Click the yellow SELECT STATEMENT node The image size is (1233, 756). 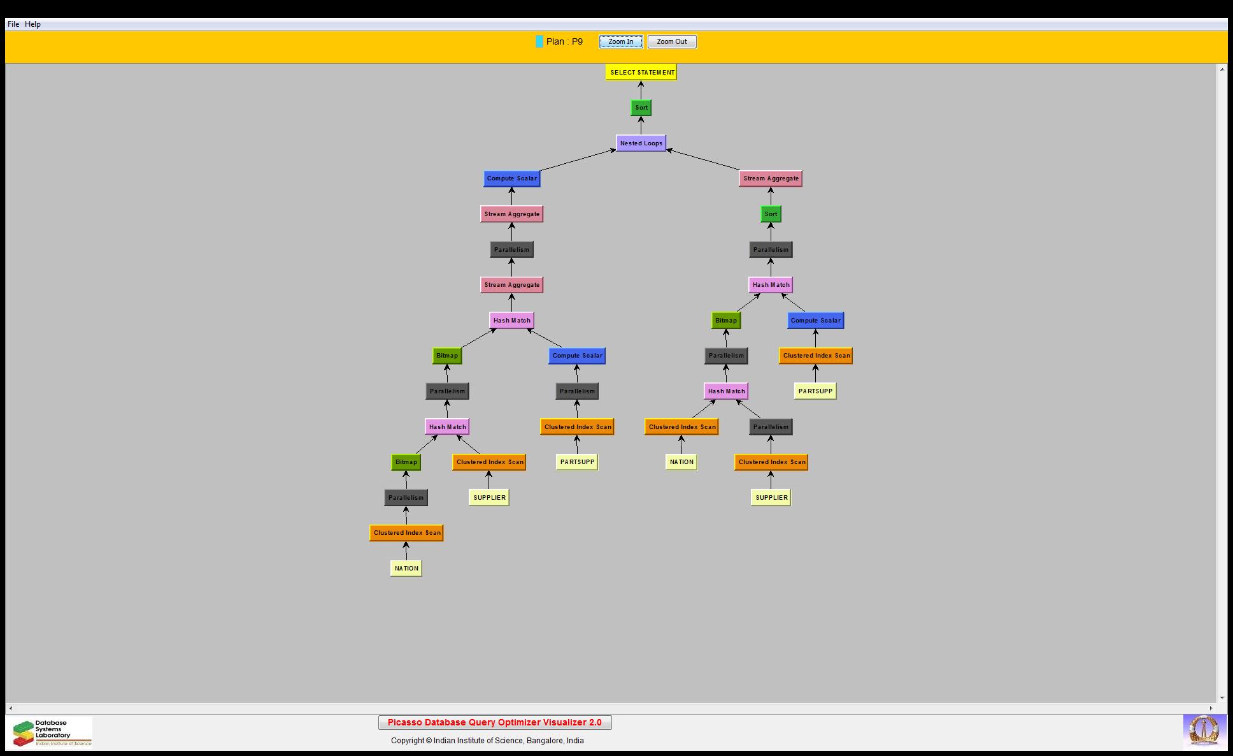[x=641, y=72]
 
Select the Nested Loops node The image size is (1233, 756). [x=641, y=143]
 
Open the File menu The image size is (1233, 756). [x=13, y=24]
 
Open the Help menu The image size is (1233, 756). [x=32, y=24]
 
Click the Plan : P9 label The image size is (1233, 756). [x=564, y=41]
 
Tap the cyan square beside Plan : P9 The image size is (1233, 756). [x=539, y=41]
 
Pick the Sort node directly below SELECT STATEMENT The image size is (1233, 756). [x=641, y=108]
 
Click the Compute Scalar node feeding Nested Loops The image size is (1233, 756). [x=511, y=178]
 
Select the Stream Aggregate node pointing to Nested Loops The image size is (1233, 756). [x=771, y=178]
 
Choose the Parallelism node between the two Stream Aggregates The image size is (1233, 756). [x=511, y=250]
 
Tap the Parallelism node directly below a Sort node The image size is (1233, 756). [x=771, y=250]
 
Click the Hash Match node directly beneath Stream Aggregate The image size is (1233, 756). [x=511, y=321]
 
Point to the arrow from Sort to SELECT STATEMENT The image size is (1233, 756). [x=641, y=90]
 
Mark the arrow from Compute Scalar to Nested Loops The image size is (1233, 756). [x=576, y=161]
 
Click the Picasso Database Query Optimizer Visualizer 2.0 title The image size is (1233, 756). [x=495, y=722]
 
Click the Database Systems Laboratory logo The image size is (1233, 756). [x=51, y=732]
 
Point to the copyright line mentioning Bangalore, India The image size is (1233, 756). [x=487, y=741]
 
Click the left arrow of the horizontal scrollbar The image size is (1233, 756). [x=11, y=708]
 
